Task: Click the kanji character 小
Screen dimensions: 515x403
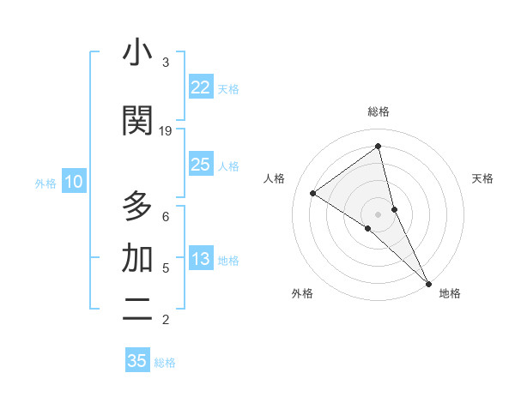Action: [x=137, y=54]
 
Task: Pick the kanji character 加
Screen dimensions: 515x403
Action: [x=137, y=258]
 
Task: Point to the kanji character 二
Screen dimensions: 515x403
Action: [x=137, y=310]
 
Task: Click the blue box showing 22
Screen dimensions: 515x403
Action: [x=200, y=87]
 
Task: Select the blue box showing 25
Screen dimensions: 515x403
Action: [x=200, y=165]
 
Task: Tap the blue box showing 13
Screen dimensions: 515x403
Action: [x=200, y=260]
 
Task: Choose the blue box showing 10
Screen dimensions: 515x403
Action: [x=74, y=182]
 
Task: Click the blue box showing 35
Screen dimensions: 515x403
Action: [x=137, y=361]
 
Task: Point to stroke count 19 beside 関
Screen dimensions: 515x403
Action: [x=166, y=131]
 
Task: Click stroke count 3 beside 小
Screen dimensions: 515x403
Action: [x=166, y=63]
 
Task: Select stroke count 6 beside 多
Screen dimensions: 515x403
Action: [x=166, y=216]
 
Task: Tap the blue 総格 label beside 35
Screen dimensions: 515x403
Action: [x=165, y=363]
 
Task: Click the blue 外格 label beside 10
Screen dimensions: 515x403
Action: [x=45, y=183]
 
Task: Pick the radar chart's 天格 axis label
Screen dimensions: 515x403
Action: [x=482, y=178]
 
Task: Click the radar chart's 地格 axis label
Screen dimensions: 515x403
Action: [x=450, y=293]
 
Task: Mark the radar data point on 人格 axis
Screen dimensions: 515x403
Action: [x=312, y=193]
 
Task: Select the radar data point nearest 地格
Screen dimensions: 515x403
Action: [x=428, y=283]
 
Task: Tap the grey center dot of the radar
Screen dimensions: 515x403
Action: [x=378, y=214]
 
